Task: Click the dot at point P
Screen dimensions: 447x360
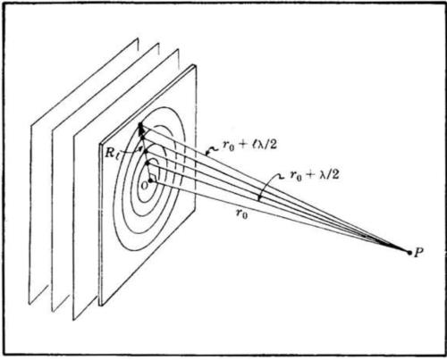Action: pos(409,253)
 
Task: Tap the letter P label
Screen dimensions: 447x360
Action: pos(418,253)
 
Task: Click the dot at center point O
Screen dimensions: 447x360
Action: pos(150,180)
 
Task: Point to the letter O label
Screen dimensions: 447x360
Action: pos(144,186)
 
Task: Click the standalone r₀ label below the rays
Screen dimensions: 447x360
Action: pos(241,213)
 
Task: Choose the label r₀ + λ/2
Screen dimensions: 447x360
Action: pos(315,175)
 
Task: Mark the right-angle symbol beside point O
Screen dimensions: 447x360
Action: pos(154,177)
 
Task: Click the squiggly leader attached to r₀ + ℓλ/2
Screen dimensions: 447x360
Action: pos(212,150)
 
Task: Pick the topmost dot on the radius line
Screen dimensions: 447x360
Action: pos(140,124)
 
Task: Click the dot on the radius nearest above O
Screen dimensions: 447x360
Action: pos(148,163)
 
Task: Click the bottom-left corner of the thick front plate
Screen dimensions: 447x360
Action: pos(101,306)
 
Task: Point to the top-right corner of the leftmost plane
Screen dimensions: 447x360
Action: pos(138,38)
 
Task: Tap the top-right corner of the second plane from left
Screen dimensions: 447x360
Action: pos(158,44)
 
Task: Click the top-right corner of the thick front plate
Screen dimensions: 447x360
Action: pos(196,65)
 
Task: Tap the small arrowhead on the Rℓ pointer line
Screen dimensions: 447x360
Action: pos(139,147)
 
